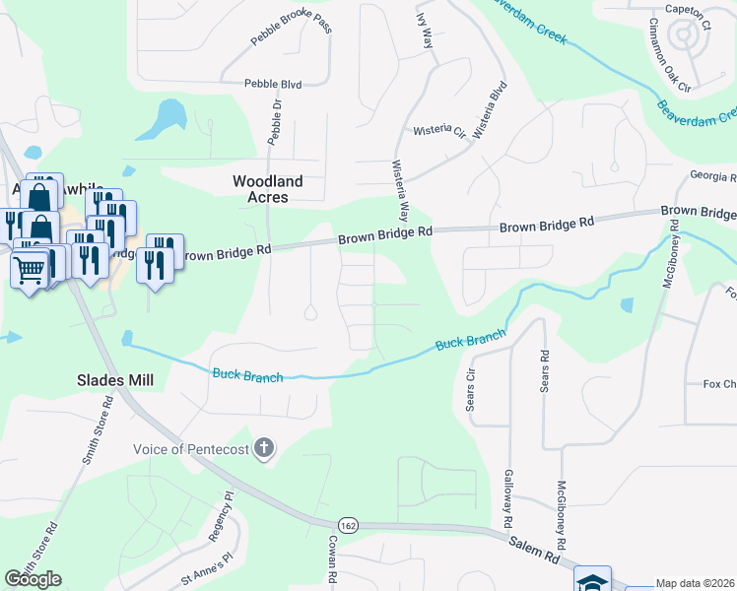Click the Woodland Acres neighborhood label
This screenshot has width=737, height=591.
pyautogui.click(x=267, y=189)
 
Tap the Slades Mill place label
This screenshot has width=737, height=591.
pyautogui.click(x=113, y=379)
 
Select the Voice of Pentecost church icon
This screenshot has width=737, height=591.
pyautogui.click(x=263, y=449)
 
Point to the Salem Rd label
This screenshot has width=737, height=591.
pyautogui.click(x=534, y=549)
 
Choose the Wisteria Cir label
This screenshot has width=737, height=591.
pyautogui.click(x=438, y=130)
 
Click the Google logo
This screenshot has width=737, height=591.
pyautogui.click(x=33, y=579)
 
